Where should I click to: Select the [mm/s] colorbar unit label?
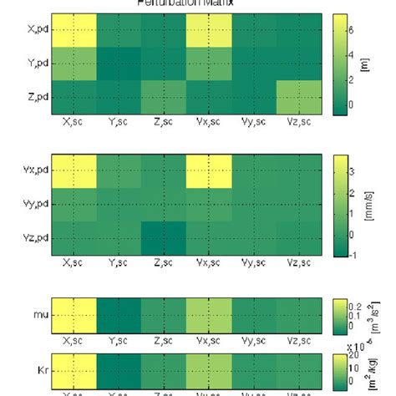tap(369, 204)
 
